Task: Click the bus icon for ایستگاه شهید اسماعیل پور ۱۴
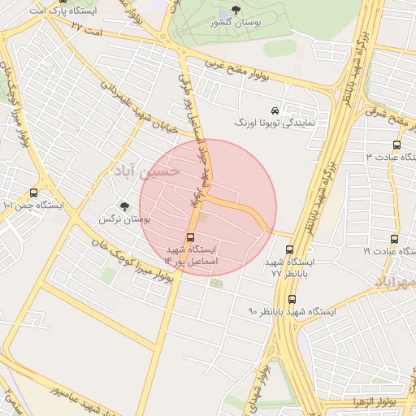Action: (190, 238)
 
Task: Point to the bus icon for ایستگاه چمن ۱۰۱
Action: (33, 193)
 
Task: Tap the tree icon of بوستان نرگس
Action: (124, 206)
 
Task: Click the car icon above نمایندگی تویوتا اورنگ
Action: (275, 110)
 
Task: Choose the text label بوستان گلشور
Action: (236, 24)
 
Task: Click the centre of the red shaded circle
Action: (208, 208)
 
